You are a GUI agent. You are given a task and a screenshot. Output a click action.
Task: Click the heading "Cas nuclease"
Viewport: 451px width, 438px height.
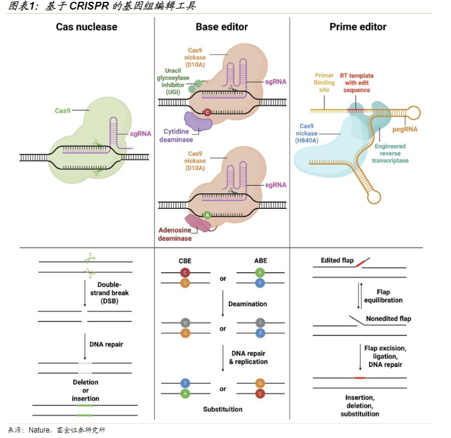(x=87, y=27)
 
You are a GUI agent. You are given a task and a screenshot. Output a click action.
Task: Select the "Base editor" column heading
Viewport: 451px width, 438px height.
(x=222, y=27)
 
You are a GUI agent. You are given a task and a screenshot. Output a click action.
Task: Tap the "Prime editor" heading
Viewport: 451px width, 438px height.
(x=358, y=27)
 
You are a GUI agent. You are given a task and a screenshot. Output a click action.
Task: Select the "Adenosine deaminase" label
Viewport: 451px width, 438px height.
(x=175, y=234)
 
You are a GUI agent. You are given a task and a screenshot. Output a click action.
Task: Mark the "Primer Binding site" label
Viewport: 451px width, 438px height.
(x=324, y=83)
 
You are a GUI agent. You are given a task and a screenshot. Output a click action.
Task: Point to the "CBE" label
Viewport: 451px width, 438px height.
(x=185, y=260)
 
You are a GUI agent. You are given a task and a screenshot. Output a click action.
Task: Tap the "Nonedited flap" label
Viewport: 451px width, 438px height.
(x=388, y=318)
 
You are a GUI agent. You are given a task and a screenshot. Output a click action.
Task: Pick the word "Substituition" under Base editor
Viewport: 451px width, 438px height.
(x=222, y=409)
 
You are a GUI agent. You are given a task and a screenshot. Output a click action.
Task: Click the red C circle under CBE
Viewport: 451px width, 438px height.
(x=185, y=273)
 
